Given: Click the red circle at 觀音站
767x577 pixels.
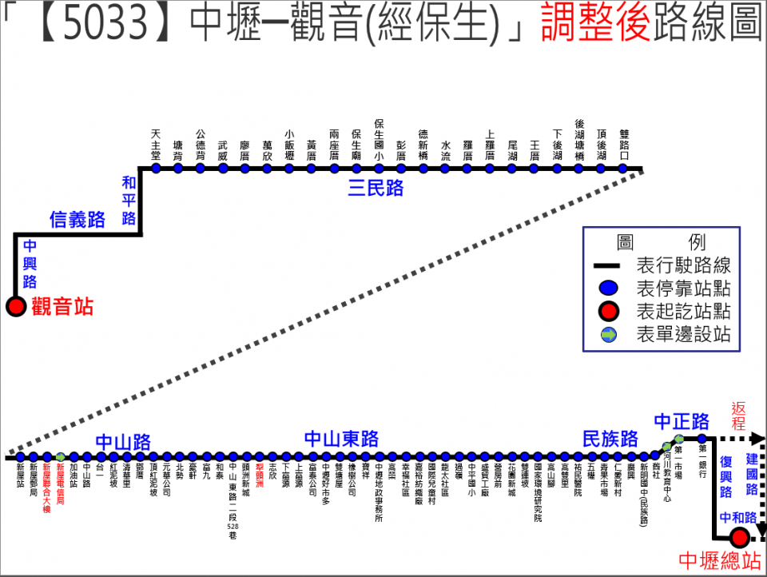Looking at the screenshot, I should (15, 306).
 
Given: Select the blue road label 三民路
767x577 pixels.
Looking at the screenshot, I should (376, 189).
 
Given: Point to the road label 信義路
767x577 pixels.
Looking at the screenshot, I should (77, 220).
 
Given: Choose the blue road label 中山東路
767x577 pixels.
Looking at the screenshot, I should (342, 440).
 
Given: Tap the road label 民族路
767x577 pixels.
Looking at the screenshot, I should (610, 439).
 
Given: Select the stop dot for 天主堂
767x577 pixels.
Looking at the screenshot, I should (156, 169).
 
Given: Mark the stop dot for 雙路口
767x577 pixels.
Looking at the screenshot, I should (622, 169).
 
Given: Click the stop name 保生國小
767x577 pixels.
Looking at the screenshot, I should (379, 140).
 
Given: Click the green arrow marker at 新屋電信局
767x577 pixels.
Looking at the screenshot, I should (60, 457).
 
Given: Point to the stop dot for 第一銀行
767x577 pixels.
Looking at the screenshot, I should (702, 439).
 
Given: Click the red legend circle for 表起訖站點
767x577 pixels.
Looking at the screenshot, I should (609, 312).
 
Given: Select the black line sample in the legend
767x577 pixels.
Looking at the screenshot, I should (609, 266).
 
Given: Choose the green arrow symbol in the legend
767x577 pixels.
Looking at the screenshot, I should (609, 335).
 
